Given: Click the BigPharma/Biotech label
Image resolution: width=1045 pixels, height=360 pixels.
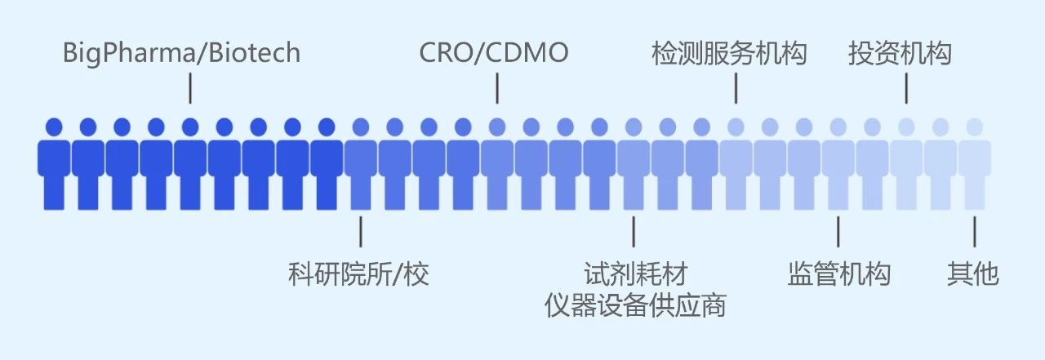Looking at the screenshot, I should point(182,54).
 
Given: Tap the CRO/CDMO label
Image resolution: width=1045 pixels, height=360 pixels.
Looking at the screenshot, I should point(494,54).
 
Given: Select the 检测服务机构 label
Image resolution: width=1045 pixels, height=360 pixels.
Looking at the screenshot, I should point(729,54).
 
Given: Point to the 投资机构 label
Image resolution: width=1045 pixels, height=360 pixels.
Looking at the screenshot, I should point(900,54).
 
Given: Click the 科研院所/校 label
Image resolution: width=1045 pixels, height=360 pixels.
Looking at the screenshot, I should point(358,274).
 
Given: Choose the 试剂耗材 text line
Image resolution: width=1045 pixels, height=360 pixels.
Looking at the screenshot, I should point(634,274).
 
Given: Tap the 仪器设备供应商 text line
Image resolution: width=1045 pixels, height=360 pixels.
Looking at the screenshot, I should point(635,305).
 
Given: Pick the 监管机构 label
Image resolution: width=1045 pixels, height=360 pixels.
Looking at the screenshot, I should point(839,274).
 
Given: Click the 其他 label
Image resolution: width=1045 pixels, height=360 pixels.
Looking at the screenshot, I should point(973,274).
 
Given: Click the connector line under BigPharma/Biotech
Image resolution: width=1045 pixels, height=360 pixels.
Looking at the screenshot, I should point(190,88).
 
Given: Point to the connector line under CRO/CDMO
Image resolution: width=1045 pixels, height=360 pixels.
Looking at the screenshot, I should point(497,88).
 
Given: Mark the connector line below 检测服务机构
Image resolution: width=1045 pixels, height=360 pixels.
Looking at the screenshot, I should point(736,88).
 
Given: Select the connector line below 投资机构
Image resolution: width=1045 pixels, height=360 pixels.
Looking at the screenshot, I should point(906,88).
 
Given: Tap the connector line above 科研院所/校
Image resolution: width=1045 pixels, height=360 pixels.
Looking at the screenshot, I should point(361,231).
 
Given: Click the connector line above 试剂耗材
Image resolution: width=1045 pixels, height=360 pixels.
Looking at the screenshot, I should point(634,231).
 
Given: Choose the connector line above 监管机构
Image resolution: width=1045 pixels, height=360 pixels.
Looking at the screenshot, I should point(838,231).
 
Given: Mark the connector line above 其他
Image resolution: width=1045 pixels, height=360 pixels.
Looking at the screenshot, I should point(974,231).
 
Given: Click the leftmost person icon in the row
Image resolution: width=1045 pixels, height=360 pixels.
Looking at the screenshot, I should point(54,163).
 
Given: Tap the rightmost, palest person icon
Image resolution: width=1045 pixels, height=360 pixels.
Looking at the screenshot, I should point(975,163).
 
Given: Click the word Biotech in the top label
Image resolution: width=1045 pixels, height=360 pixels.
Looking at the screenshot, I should point(254,54).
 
